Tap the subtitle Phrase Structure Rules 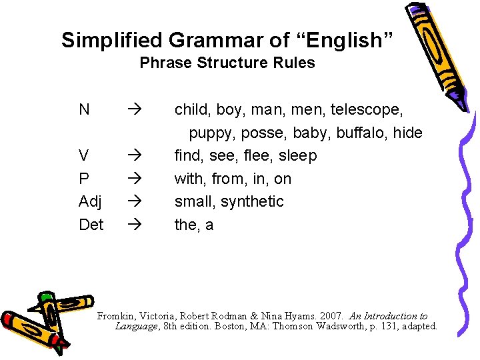click(x=227, y=63)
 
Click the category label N click(x=84, y=109)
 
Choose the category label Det click(x=91, y=225)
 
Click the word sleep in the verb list click(x=297, y=156)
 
